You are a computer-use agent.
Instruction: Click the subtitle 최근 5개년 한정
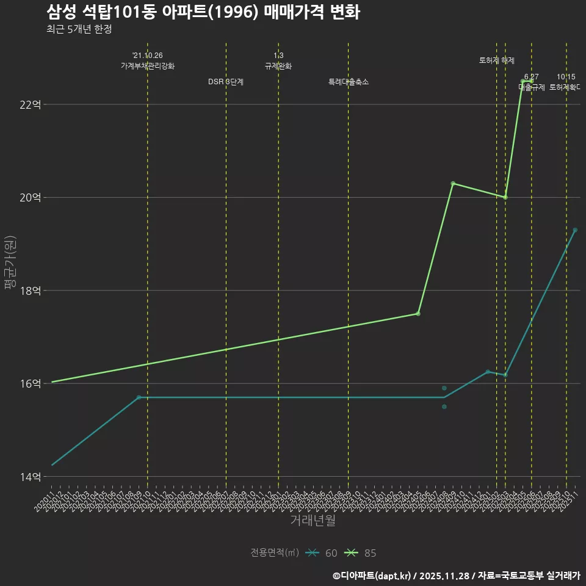coord(79,29)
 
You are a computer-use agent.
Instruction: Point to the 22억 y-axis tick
coord(31,104)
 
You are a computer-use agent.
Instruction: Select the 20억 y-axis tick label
coord(31,197)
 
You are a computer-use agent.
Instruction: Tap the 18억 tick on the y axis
coord(31,291)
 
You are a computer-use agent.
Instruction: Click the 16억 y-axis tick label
coord(31,383)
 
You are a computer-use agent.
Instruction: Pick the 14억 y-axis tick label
coord(31,477)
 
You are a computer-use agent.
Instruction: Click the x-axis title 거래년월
coord(313,521)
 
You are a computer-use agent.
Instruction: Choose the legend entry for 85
coord(361,553)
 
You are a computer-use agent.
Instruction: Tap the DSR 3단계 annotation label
coord(226,82)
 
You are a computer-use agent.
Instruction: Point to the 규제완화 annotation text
coord(278,66)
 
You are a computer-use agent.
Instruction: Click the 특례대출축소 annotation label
coord(349,82)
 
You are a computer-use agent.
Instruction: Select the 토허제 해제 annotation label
coord(497,60)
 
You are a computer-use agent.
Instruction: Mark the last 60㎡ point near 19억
coord(575,230)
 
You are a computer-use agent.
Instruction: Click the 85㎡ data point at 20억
coord(505,197)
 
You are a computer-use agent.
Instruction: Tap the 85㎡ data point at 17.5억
coord(418,314)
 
